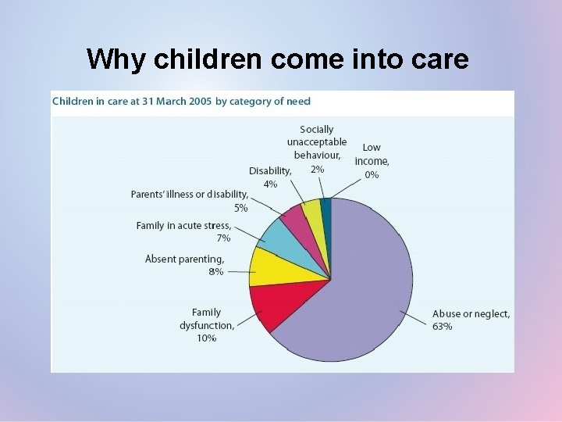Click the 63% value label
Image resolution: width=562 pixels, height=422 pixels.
coord(442,326)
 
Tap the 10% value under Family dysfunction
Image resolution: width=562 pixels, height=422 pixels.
coord(207,338)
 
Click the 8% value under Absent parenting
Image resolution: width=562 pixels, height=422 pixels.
coord(215,272)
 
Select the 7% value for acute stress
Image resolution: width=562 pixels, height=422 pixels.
coord(223,238)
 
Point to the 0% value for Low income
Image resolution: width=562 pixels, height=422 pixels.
coord(372,175)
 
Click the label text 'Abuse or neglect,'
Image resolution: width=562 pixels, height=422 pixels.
coord(471,314)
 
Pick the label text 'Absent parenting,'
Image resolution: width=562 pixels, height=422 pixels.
coord(184,259)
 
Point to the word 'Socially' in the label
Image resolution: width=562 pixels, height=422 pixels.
coord(316,130)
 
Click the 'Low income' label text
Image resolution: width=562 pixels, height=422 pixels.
coord(372,154)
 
